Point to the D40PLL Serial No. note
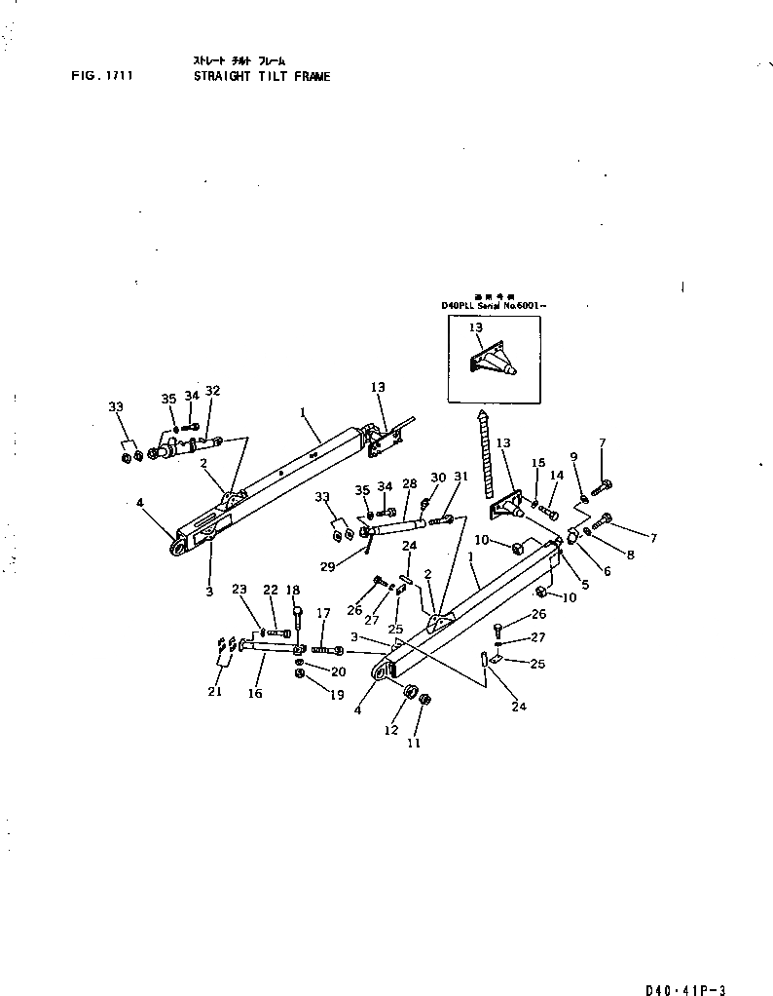494,306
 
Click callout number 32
212,392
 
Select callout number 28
409,484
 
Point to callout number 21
214,691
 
